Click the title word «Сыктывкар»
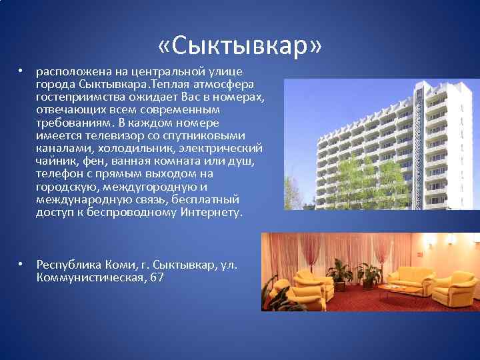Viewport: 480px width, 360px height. click(240, 47)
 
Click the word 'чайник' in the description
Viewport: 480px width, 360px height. click(55, 161)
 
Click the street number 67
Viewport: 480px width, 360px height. click(157, 277)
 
